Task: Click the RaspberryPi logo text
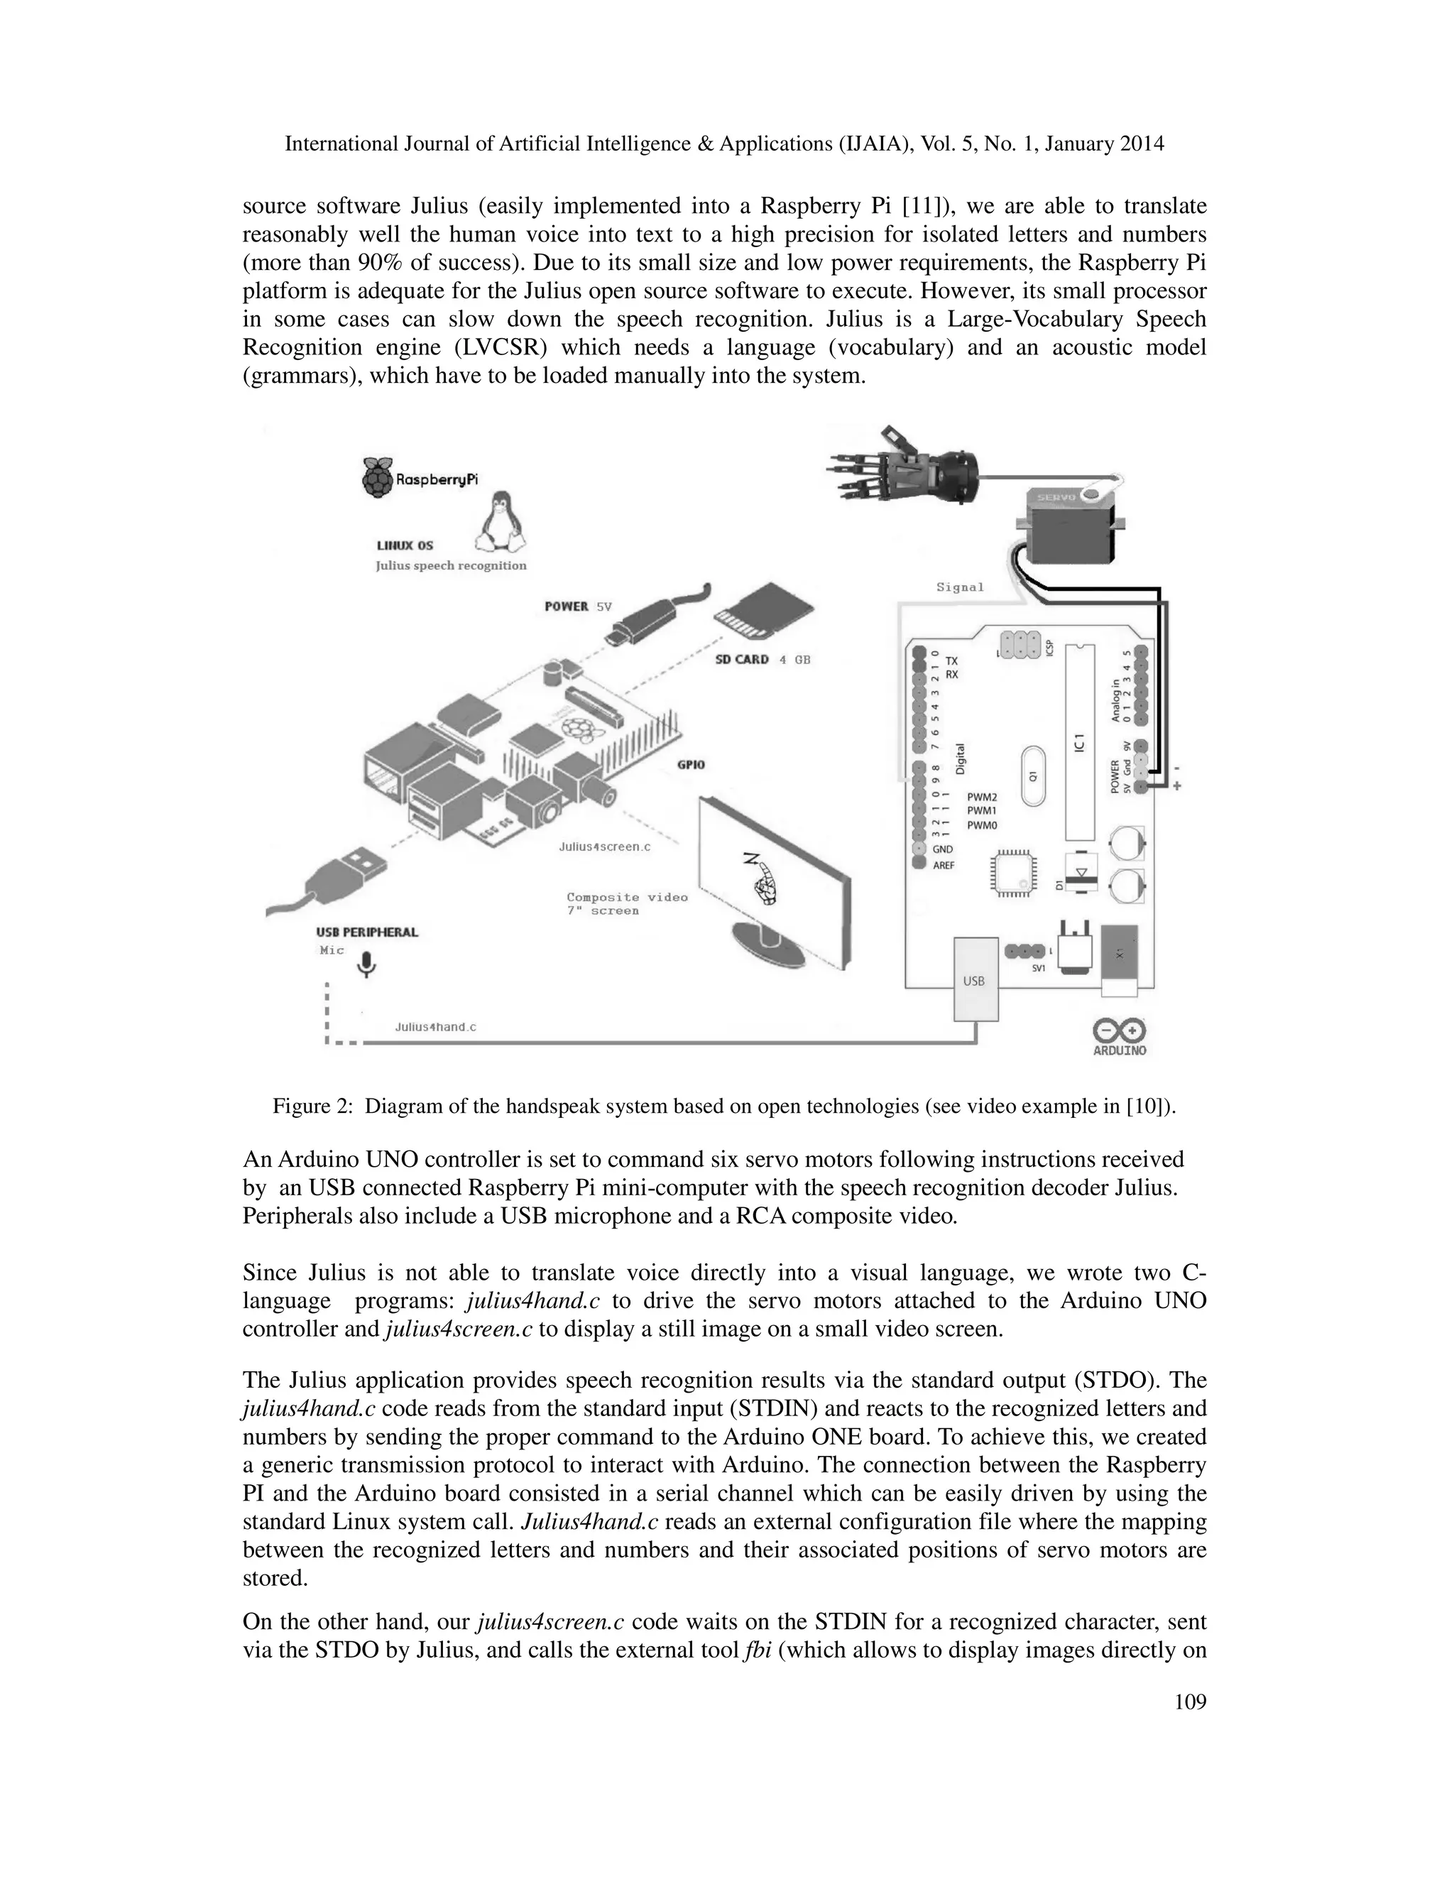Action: tap(435, 479)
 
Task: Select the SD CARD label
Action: tap(742, 659)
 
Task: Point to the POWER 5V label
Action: tap(578, 607)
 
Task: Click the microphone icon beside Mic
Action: tap(367, 964)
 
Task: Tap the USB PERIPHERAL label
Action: tap(367, 932)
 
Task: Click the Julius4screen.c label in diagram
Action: tap(604, 847)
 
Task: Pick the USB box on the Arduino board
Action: tap(974, 980)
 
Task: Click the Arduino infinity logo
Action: tap(1119, 1030)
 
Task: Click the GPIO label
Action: tap(692, 764)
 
